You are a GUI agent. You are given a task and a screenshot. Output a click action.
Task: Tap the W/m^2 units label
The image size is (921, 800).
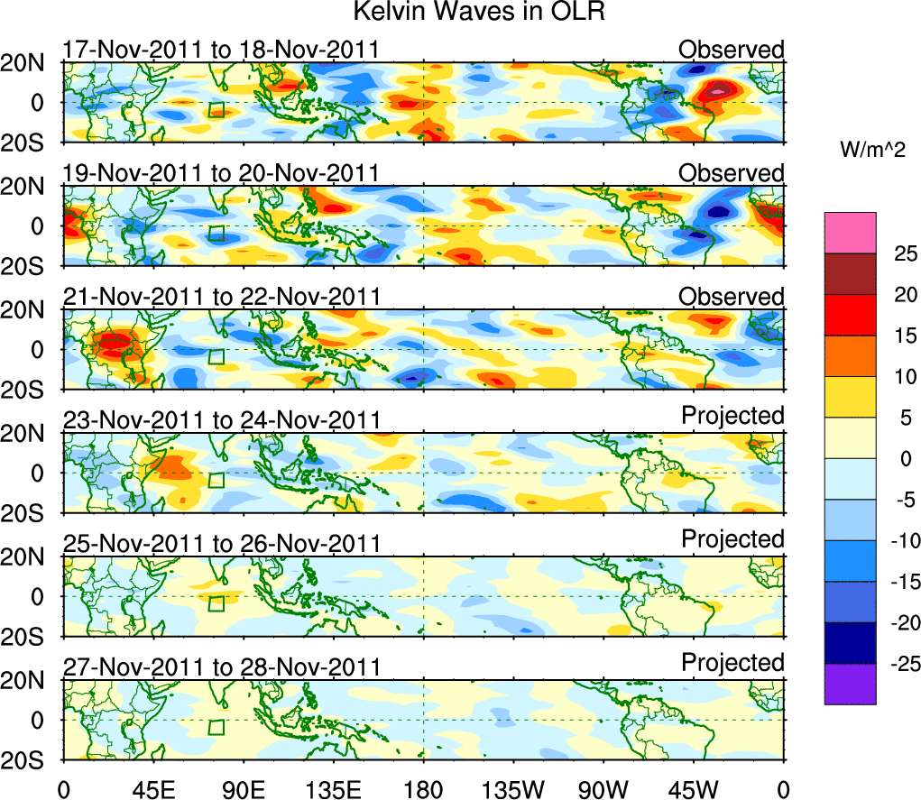(x=871, y=152)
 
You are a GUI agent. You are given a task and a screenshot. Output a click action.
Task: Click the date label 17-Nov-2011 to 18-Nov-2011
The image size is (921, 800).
(x=221, y=50)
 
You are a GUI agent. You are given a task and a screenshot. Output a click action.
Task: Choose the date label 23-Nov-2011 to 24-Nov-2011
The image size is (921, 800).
(x=221, y=420)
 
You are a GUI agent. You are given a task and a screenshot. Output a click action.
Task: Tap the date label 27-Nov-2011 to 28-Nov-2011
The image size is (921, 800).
(x=221, y=667)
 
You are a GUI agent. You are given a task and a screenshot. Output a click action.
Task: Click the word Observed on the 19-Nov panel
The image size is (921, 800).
(x=732, y=171)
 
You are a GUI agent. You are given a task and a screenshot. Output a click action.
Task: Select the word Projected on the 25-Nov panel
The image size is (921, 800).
(x=732, y=539)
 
